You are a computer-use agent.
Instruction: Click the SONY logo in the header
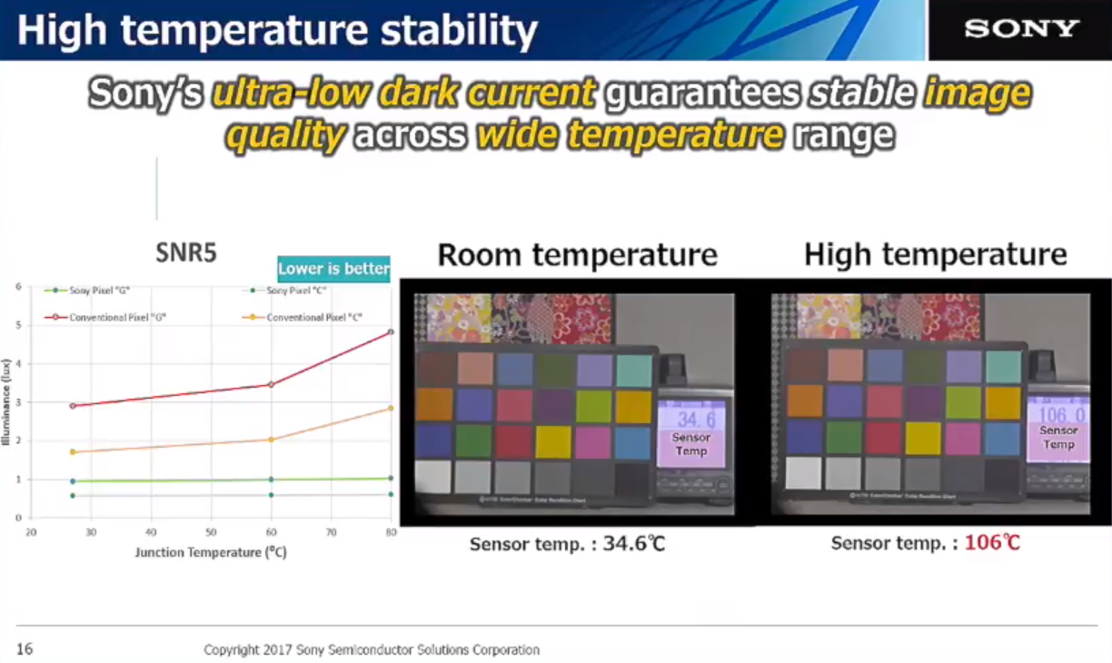1021,29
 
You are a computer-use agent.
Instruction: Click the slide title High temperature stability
277,31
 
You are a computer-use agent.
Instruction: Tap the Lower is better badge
333,268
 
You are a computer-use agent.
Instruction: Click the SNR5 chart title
186,252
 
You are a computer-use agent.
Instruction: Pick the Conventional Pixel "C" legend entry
305,317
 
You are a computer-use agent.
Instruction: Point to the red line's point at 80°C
391,332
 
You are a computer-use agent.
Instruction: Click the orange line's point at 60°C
271,440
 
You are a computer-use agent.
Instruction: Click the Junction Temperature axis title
211,552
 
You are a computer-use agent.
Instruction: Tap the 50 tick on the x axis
211,532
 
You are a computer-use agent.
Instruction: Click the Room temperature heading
577,255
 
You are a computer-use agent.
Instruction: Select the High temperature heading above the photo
935,255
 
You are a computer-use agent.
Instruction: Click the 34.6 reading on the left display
695,419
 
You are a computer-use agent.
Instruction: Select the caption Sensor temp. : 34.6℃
567,545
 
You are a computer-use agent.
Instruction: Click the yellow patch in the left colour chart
552,441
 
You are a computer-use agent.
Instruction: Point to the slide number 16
25,649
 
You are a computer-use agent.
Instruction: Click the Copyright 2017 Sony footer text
371,650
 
